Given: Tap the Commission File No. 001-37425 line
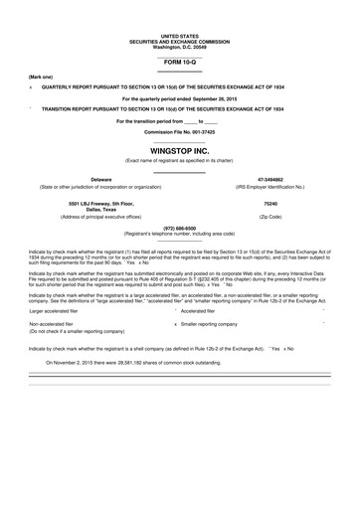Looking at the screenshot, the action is coord(180,132).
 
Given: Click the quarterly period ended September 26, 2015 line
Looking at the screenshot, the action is coord(180,99).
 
